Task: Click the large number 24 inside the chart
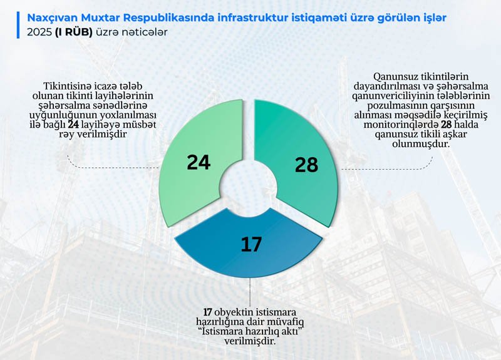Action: pyautogui.click(x=199, y=162)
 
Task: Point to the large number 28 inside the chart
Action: pyautogui.click(x=306, y=165)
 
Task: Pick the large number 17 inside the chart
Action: pyautogui.click(x=251, y=244)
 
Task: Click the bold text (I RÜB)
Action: pyautogui.click(x=73, y=33)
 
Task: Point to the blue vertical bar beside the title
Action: pyautogui.click(x=18, y=25)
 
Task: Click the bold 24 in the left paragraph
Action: pyautogui.click(x=73, y=125)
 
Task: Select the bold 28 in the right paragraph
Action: pyautogui.click(x=447, y=125)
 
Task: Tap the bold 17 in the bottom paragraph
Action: pyautogui.click(x=208, y=312)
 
